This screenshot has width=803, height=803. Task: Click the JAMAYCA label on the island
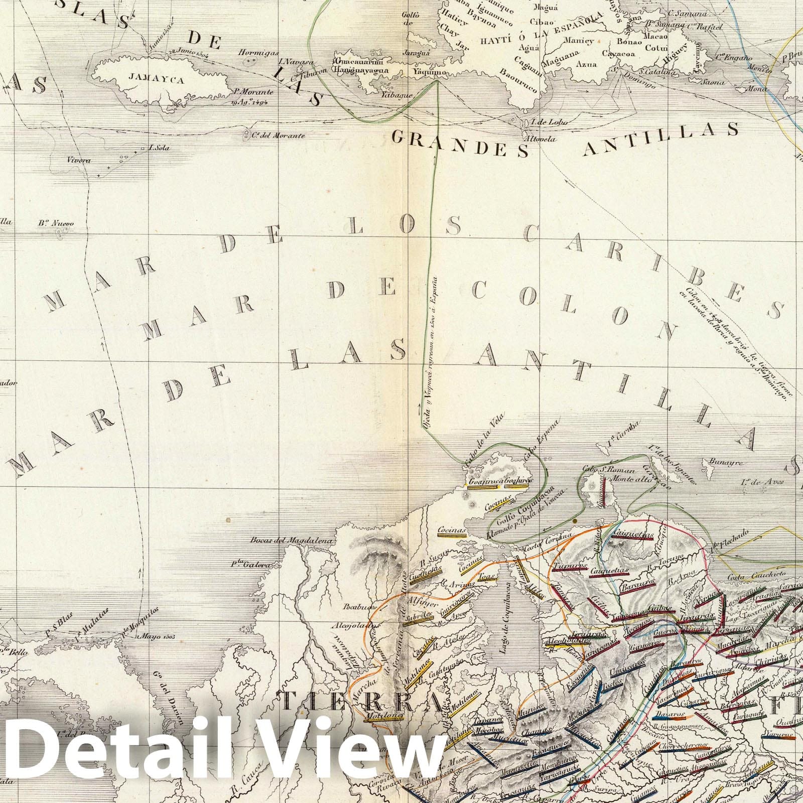pos(149,79)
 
